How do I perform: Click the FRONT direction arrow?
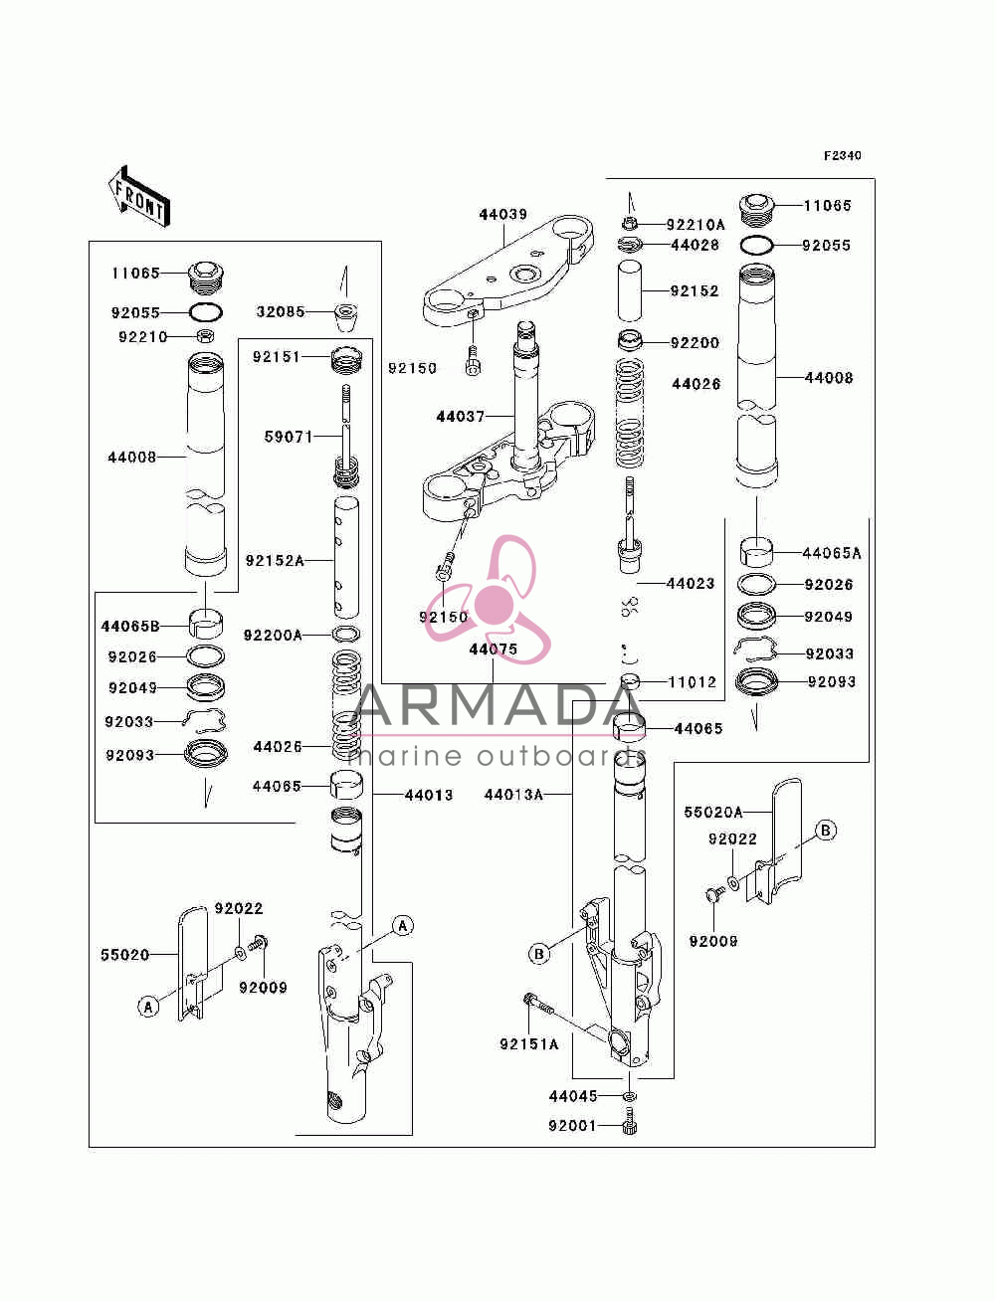[x=139, y=196]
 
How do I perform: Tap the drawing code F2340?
[x=842, y=156]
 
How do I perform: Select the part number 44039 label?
[x=502, y=214]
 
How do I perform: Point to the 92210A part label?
[x=695, y=225]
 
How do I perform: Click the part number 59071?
[x=289, y=437]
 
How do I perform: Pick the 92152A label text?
[x=275, y=560]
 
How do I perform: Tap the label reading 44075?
[x=493, y=650]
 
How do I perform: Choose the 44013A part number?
[x=513, y=795]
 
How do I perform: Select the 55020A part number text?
[x=712, y=812]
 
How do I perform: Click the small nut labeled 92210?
[x=205, y=336]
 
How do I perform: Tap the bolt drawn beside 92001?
[x=630, y=1121]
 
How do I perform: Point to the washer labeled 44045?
[x=630, y=1095]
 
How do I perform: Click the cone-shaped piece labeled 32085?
[x=345, y=317]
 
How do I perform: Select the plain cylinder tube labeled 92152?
[x=630, y=291]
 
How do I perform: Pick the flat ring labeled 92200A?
[x=346, y=635]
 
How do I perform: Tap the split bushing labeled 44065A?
[x=756, y=552]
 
